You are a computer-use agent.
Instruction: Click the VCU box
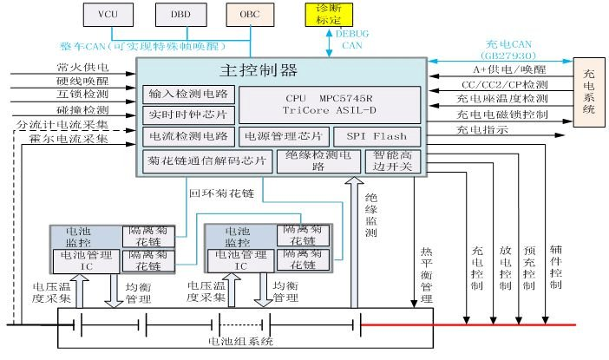point(107,15)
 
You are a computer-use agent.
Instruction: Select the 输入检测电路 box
point(188,94)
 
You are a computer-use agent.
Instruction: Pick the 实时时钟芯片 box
point(188,115)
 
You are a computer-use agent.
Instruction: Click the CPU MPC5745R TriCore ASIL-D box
point(329,104)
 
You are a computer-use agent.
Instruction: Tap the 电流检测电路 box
point(188,136)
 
